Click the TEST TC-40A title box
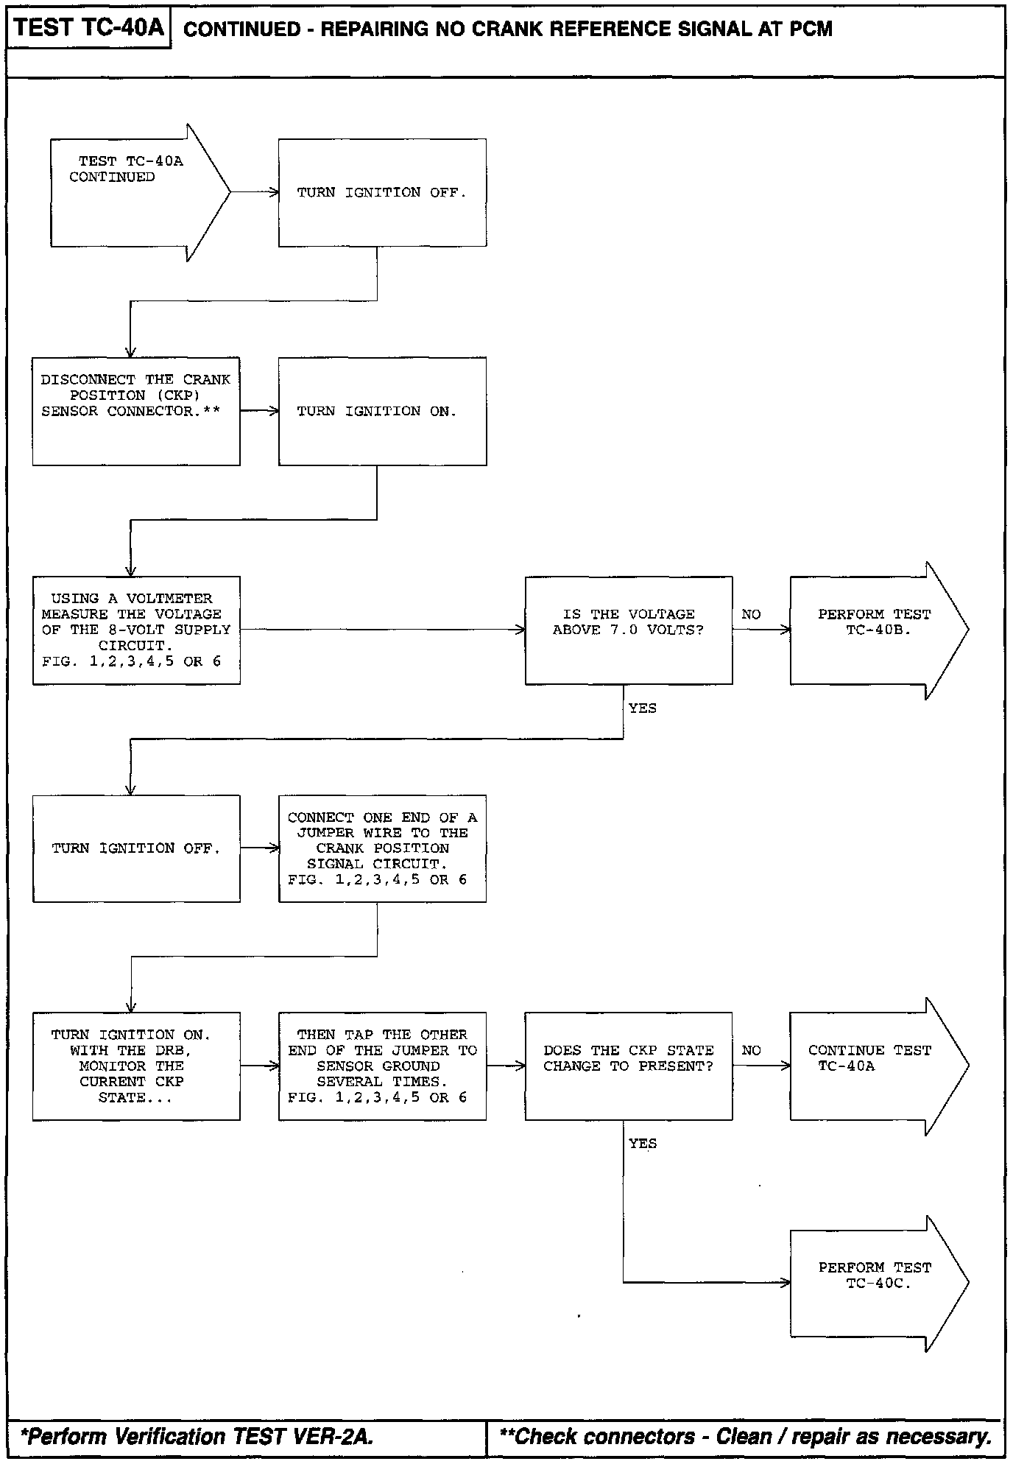click(88, 29)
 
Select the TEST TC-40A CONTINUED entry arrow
click(133, 192)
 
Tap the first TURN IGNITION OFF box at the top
click(382, 193)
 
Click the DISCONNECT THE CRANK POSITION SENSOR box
click(136, 411)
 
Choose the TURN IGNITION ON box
click(382, 411)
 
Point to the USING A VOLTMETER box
click(136, 630)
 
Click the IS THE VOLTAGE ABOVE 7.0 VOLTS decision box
click(628, 630)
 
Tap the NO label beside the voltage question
click(751, 614)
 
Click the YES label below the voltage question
click(642, 708)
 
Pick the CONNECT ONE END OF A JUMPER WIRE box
click(382, 848)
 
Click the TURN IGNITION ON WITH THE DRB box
click(136, 1066)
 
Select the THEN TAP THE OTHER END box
click(382, 1066)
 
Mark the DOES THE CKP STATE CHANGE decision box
click(628, 1066)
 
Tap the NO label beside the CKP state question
click(751, 1050)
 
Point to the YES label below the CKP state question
click(642, 1144)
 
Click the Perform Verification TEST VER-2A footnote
click(197, 1436)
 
